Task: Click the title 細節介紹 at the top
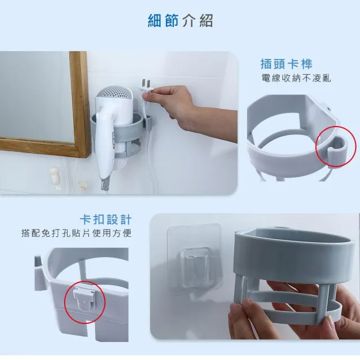click(180, 21)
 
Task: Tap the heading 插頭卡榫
click(286, 64)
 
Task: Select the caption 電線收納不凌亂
click(296, 78)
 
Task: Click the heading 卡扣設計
click(106, 220)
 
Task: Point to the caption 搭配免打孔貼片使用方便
click(76, 233)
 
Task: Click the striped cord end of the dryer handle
click(105, 183)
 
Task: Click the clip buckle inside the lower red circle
click(84, 299)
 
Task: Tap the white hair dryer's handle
click(104, 142)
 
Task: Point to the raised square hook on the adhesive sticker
click(195, 264)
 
